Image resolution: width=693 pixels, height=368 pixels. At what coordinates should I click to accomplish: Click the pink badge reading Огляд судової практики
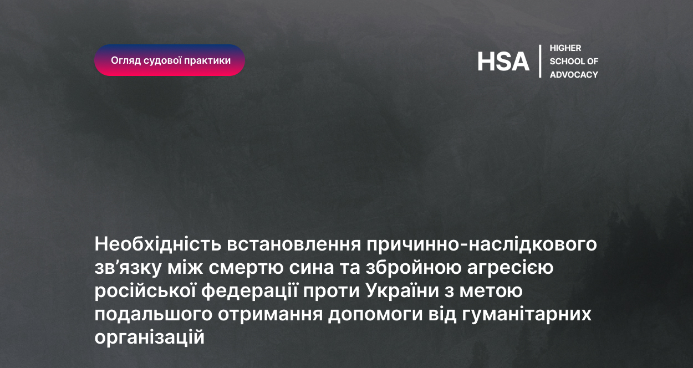point(170,60)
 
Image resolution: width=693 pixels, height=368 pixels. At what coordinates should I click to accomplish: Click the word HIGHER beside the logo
point(565,48)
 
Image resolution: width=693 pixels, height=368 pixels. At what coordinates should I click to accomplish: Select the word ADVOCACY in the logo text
point(574,75)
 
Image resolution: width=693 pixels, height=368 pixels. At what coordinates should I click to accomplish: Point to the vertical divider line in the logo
point(540,61)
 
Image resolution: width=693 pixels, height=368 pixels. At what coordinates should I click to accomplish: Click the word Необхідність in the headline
point(158,244)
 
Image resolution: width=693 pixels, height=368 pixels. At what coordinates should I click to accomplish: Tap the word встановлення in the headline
point(294,244)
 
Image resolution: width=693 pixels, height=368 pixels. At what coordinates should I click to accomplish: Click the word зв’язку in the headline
point(128,268)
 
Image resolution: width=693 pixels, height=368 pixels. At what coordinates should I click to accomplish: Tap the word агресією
point(510,268)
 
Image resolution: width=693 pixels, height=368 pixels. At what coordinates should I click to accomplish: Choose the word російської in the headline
point(145,292)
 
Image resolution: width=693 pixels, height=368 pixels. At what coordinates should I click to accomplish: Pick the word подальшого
point(153,314)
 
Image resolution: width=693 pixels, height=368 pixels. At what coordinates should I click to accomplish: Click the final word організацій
point(150,338)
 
